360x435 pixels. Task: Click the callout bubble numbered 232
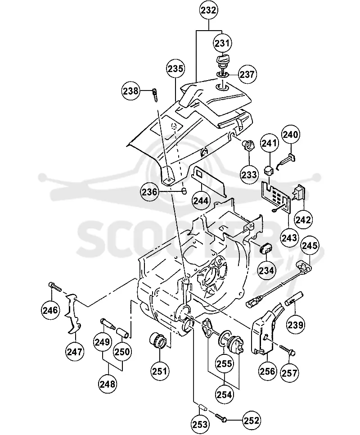pos(208,10)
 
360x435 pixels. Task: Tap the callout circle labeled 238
pos(130,91)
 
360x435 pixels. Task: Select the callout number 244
pos(201,200)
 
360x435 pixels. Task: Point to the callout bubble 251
pos(160,371)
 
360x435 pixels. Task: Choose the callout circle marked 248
pos(108,384)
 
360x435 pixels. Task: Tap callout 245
pos(310,245)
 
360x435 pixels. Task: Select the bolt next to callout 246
pos(55,286)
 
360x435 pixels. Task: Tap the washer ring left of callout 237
pos(222,74)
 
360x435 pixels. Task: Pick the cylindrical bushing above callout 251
pos(158,341)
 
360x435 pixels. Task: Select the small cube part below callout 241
pos(268,170)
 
